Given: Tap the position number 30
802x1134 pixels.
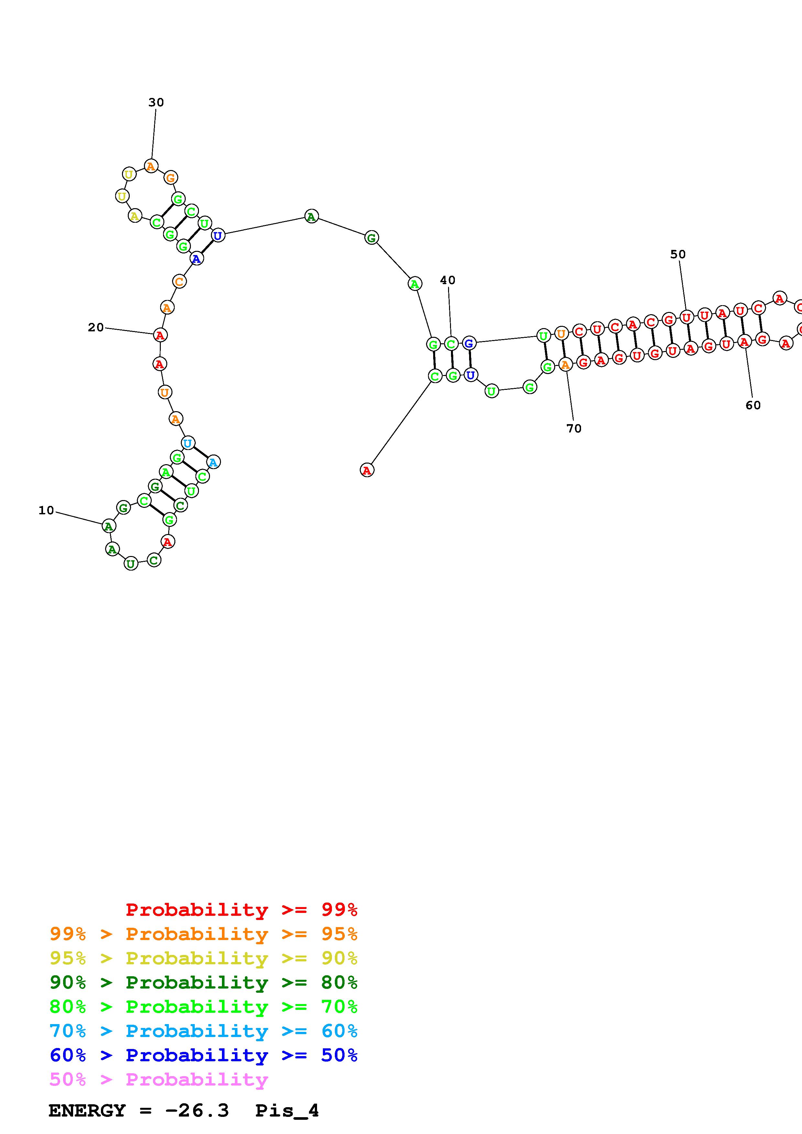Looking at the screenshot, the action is pyautogui.click(x=156, y=102).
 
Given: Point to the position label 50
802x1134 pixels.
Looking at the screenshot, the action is pyautogui.click(x=678, y=254).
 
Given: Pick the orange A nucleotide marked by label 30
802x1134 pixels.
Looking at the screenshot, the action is pyautogui.click(x=151, y=166).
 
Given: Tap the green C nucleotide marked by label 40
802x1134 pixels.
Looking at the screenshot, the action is pyautogui.click(x=451, y=344).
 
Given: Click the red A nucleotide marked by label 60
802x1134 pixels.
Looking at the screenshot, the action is pyautogui.click(x=744, y=341).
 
